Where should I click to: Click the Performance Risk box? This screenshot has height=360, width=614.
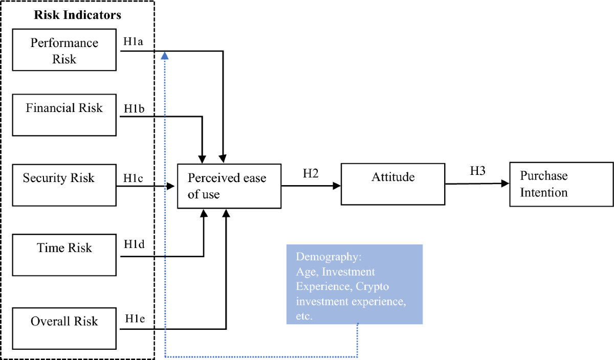click(x=64, y=51)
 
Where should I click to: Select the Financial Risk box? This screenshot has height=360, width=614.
click(x=64, y=115)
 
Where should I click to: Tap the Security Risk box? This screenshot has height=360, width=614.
click(x=64, y=185)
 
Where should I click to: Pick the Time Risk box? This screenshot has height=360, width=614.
click(x=64, y=255)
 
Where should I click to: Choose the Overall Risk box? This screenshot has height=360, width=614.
click(x=64, y=327)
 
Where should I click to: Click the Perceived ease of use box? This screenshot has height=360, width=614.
click(x=229, y=186)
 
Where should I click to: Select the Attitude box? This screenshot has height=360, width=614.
click(x=392, y=184)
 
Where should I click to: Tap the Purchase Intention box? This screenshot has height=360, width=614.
click(x=561, y=185)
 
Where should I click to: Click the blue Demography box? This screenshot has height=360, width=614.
click(x=354, y=284)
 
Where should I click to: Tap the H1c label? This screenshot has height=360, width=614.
click(x=132, y=177)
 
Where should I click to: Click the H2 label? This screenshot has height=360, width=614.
click(x=311, y=173)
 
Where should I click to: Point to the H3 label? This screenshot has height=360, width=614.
click(x=478, y=171)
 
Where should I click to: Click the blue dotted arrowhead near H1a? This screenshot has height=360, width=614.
click(x=164, y=55)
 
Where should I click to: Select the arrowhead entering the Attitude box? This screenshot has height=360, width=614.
click(x=337, y=186)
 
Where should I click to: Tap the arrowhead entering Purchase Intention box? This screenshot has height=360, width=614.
click(x=505, y=183)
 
